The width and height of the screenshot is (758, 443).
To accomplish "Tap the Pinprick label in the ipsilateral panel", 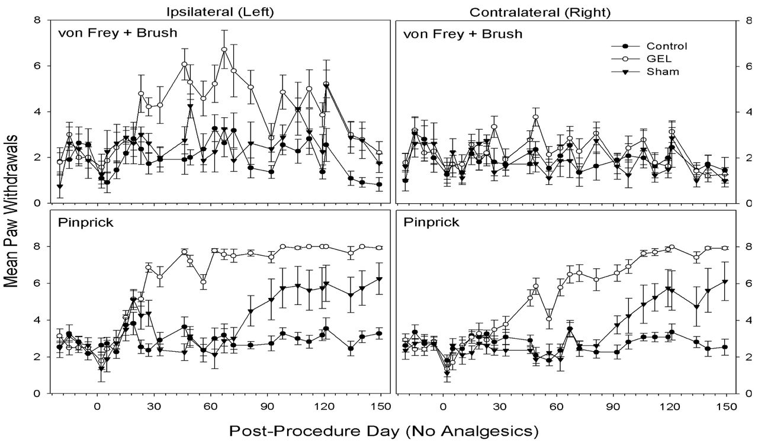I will pos(79,223).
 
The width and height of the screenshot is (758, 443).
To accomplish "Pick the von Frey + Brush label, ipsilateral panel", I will pos(118,33).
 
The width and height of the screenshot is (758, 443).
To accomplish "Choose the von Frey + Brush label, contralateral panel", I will pos(463,33).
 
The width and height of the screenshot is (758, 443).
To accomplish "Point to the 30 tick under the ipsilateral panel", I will pos(154,407).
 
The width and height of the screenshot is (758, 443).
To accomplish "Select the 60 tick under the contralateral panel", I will pos(556,407).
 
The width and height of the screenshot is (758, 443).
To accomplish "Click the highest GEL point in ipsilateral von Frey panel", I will pos(224,50).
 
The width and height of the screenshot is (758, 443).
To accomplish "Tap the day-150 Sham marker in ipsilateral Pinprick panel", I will pos(379,280).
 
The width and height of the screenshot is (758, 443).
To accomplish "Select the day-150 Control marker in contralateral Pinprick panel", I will pos(724,348).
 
